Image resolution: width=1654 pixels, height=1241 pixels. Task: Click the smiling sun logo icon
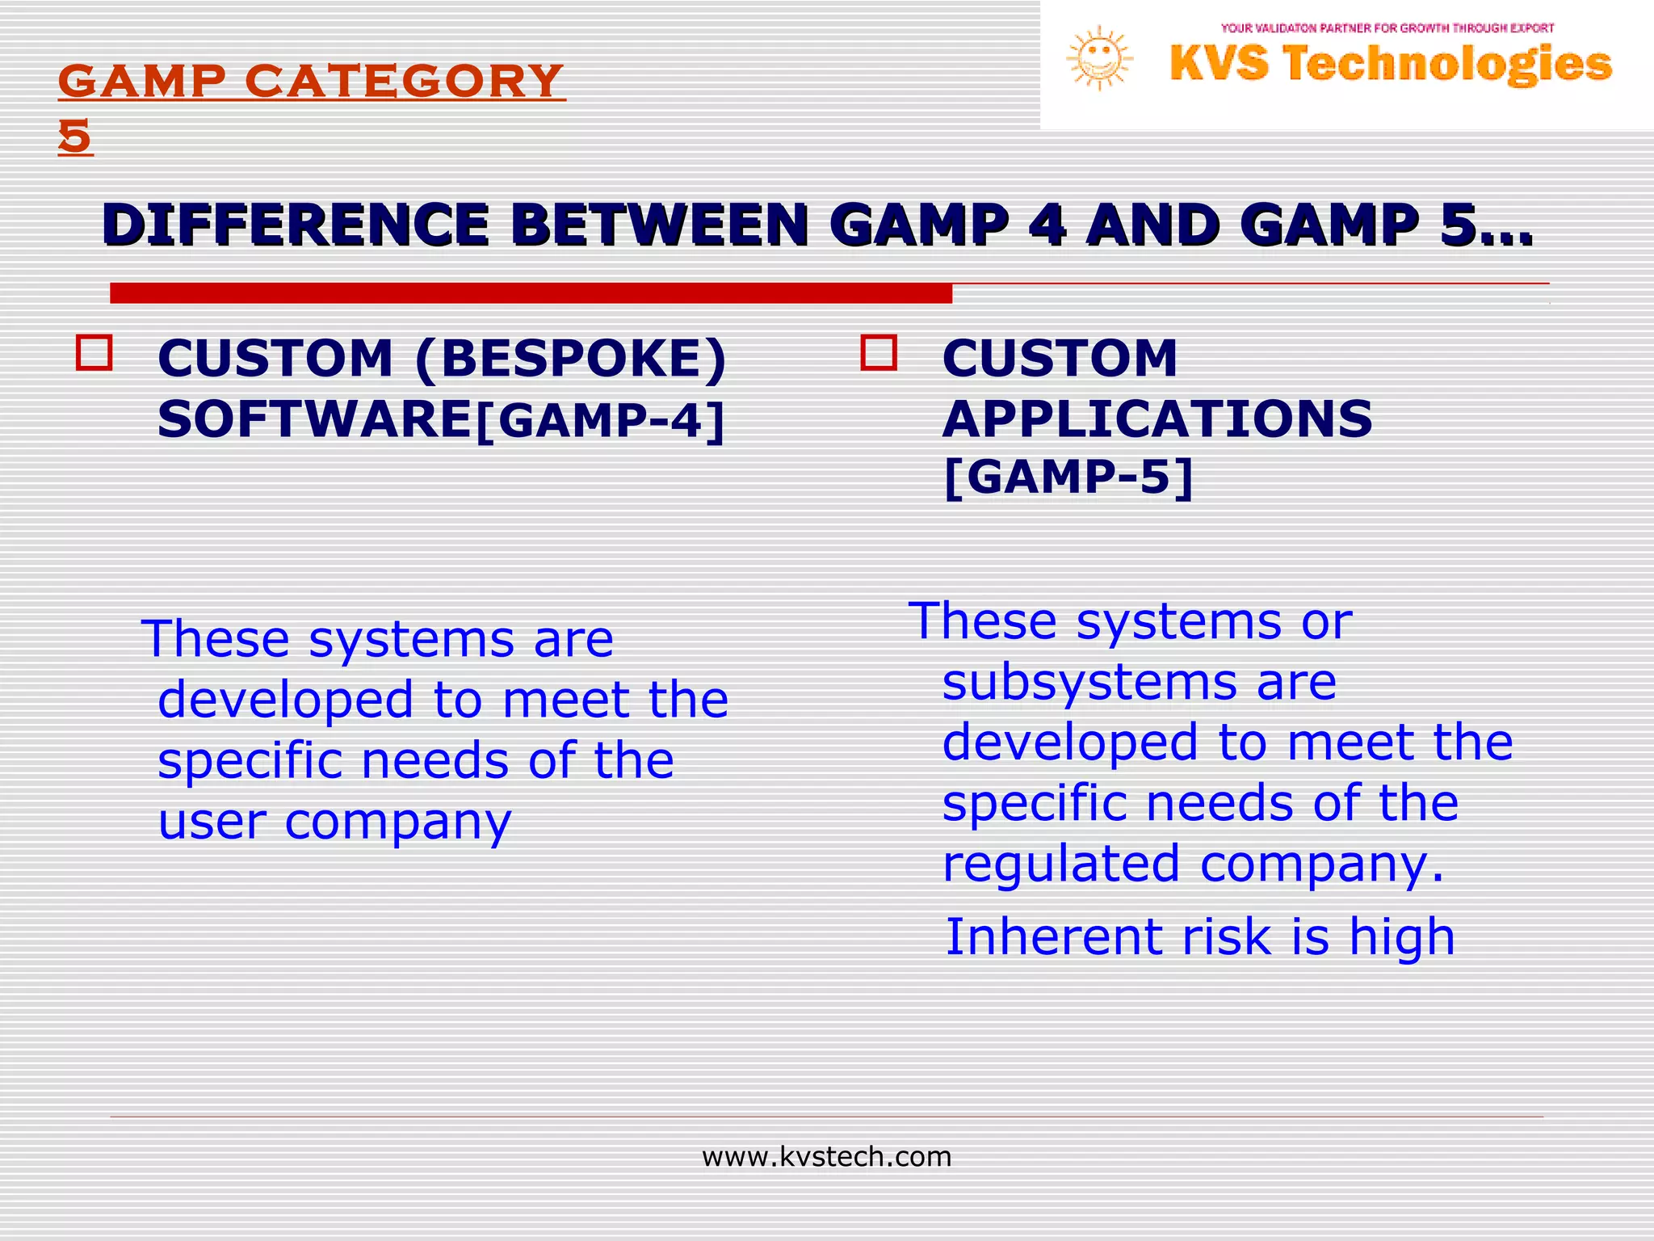coord(1099,58)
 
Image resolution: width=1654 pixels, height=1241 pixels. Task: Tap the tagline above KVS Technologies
coord(1387,28)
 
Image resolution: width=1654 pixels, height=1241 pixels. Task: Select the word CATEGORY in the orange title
coord(404,82)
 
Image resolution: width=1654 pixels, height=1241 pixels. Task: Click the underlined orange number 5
coord(75,137)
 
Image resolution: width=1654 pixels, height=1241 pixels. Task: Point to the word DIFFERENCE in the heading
coord(296,225)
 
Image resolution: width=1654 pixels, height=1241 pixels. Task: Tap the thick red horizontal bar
coord(531,293)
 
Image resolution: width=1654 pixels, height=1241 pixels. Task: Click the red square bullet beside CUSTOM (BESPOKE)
coord(94,353)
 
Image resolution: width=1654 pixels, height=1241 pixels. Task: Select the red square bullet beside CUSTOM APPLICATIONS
coord(879,353)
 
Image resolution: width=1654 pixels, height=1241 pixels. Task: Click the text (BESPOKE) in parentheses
coord(571,358)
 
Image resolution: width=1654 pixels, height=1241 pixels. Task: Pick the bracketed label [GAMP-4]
coord(601,421)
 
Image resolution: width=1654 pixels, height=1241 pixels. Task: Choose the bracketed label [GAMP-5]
coord(1068,477)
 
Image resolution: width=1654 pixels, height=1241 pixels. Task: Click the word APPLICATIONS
coord(1157,419)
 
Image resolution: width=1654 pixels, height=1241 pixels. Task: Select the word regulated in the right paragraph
coord(1060,864)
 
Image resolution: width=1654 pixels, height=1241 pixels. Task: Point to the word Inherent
coord(1054,937)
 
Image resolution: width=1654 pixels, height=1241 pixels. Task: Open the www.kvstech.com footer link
coord(826,1157)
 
